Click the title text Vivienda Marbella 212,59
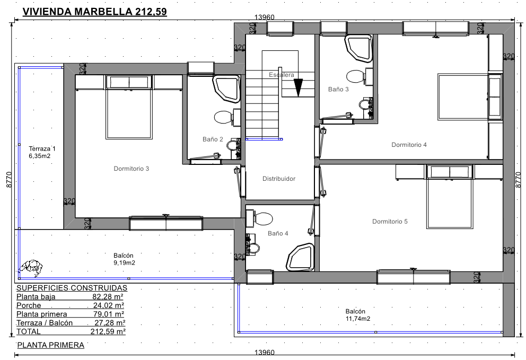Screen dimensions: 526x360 94,12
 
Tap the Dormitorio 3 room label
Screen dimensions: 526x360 131,169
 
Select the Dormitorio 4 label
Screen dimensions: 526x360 409,145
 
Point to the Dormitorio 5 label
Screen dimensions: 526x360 390,222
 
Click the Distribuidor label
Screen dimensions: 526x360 279,179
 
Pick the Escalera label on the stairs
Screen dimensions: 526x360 282,75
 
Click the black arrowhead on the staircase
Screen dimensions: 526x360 298,87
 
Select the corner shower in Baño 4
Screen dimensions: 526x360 300,257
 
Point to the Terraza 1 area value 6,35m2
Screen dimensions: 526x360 40,156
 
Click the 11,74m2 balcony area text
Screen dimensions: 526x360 358,319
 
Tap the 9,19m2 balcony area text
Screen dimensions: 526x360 125,262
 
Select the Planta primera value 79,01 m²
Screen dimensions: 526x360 108,314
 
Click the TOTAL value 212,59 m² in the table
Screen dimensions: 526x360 108,331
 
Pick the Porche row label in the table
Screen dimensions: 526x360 29,305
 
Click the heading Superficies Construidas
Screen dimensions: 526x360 72,288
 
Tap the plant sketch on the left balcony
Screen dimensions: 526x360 31,267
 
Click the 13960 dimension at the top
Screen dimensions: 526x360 265,17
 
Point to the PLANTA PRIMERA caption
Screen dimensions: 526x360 51,345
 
